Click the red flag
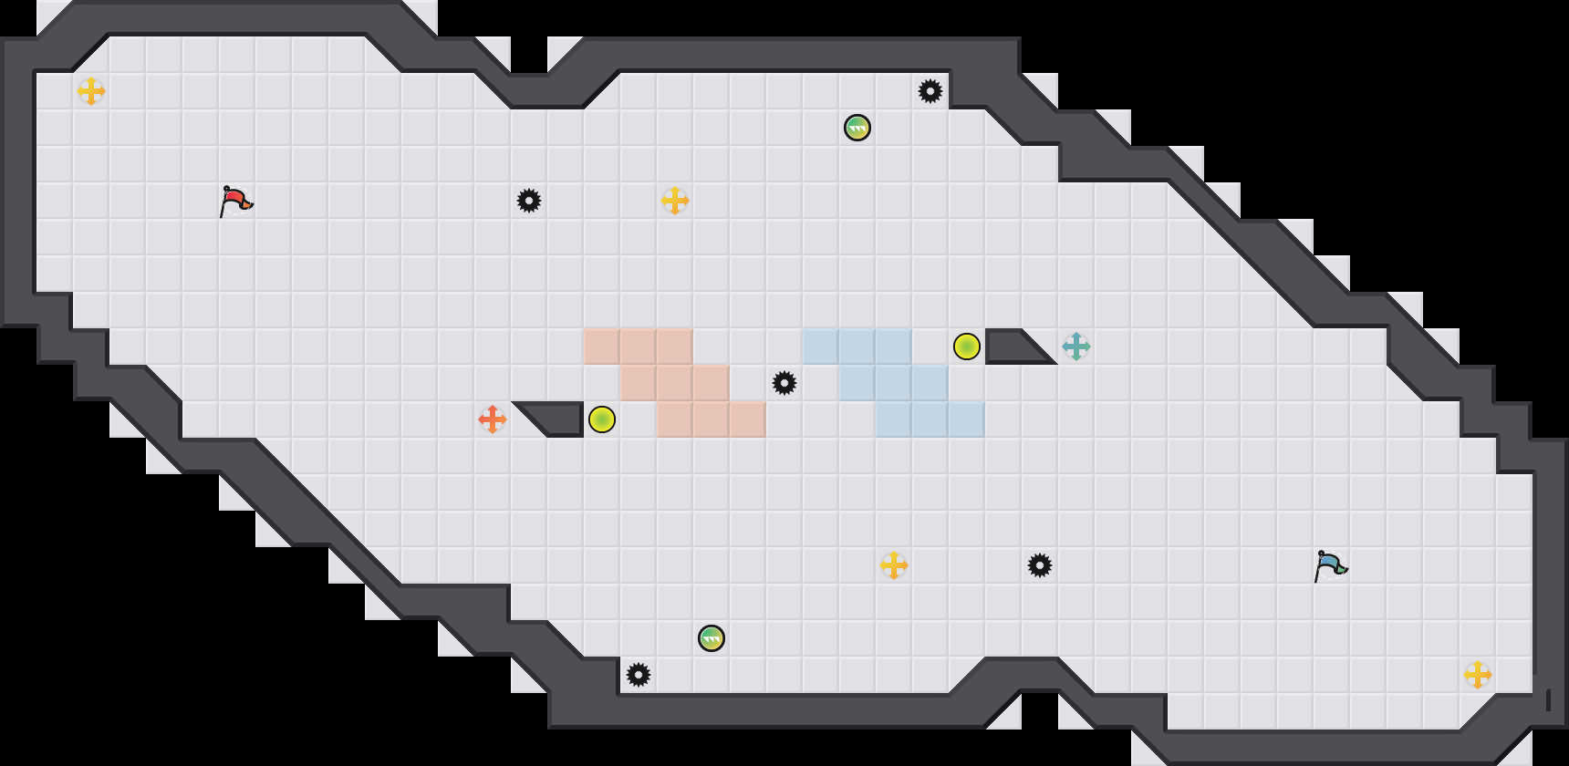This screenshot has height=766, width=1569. (235, 200)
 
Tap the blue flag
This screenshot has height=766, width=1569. (1330, 564)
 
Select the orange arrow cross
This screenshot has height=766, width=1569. (493, 419)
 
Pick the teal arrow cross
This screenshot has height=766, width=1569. (1076, 347)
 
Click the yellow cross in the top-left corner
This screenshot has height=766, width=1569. (91, 91)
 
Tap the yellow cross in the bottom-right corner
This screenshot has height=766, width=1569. (1478, 675)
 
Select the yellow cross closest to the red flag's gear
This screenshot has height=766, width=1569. (675, 201)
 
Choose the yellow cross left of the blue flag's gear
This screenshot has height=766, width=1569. (894, 565)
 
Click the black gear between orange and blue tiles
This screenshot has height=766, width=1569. (784, 383)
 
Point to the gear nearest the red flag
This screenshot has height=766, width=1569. (529, 201)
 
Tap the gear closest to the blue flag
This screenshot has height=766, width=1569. (1040, 565)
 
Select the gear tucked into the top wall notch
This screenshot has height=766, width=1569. (930, 91)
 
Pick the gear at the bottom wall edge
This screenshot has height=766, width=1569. (639, 675)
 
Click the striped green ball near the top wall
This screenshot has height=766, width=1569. (857, 128)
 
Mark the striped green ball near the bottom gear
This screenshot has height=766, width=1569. (712, 638)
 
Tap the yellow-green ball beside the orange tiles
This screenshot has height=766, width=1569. (602, 419)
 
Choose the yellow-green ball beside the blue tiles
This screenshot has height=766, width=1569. (967, 347)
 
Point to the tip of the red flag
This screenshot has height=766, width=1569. (251, 205)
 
